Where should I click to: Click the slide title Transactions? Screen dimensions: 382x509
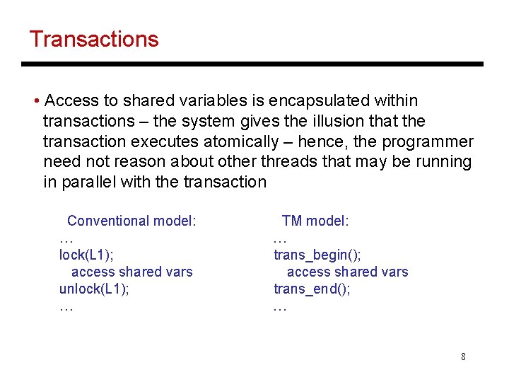(x=94, y=39)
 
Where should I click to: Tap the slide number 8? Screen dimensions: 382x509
(x=463, y=357)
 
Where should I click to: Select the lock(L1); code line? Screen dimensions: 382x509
(x=86, y=255)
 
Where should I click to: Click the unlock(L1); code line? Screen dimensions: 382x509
(x=94, y=289)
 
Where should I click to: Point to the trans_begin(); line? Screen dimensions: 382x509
(x=317, y=255)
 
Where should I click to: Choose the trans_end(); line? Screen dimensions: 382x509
(x=312, y=289)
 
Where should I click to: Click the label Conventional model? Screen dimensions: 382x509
(x=131, y=221)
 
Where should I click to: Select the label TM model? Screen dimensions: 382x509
(x=315, y=221)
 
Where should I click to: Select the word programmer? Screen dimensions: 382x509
(x=427, y=141)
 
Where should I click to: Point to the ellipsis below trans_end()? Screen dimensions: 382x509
(x=280, y=308)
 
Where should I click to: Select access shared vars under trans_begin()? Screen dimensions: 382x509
(x=347, y=272)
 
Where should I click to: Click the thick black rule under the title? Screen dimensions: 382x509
(x=252, y=64)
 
